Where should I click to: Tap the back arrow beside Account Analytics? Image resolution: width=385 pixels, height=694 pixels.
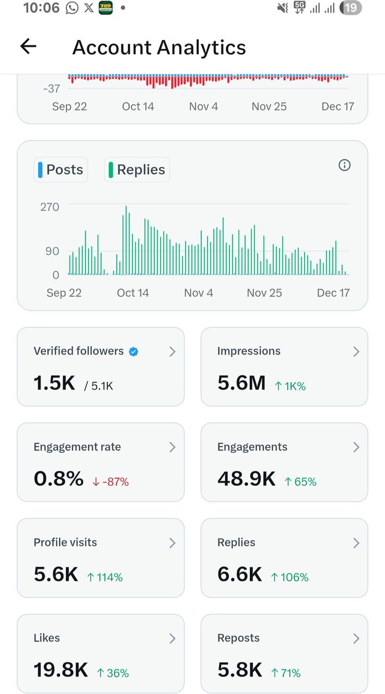28,47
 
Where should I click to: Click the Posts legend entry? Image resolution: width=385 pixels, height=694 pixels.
61,170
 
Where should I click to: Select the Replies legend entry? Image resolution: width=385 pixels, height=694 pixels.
137,170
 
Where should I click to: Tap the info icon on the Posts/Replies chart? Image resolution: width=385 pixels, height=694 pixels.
345,165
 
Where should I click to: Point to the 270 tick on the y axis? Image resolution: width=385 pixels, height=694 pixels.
50,207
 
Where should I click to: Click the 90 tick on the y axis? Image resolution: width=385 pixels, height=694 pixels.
53,252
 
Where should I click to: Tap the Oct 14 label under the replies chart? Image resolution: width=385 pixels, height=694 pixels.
133,293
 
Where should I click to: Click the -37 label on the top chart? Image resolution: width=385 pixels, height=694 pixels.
51,88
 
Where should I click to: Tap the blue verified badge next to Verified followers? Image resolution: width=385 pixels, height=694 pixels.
134,351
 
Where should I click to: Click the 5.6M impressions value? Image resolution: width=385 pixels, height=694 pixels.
241,383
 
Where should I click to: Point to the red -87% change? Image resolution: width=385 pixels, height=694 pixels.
110,481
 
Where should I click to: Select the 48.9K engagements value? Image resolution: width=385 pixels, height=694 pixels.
246,478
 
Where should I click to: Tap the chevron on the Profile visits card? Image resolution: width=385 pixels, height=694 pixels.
172,542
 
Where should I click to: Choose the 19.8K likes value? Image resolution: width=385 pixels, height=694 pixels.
61,670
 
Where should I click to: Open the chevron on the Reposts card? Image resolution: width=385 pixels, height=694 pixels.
356,638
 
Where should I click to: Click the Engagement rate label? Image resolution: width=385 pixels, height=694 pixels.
77,447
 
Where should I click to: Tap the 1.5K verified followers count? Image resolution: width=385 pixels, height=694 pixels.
54,383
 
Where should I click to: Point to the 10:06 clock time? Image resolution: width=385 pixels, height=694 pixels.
41,8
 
